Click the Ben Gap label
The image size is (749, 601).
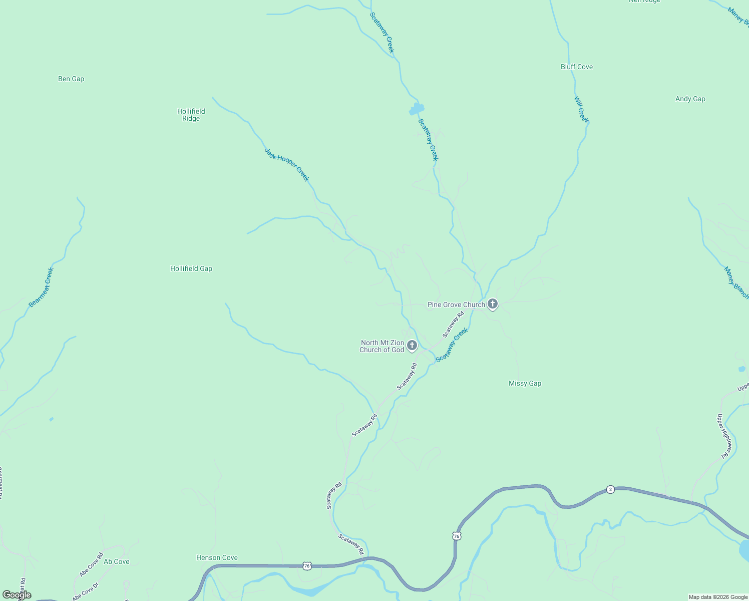pos(71,79)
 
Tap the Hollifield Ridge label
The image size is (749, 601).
pos(191,115)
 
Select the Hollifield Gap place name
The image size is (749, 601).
pos(191,268)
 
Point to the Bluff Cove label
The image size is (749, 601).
pos(576,67)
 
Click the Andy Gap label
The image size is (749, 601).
pos(690,99)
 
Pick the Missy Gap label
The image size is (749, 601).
pos(525,383)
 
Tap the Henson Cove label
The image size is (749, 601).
pos(217,557)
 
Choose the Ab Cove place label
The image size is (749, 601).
pos(116,561)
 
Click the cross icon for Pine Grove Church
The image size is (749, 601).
pos(493,304)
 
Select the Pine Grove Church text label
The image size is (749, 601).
pos(456,305)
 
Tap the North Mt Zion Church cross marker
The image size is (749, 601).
pos(412,345)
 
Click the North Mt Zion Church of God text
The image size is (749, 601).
pos(382,346)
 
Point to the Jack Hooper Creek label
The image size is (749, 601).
pos(287,165)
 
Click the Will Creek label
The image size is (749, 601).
pos(581,109)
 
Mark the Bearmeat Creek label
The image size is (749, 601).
pos(41,287)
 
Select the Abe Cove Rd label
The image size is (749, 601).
pos(91,564)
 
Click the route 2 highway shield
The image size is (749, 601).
pos(610,489)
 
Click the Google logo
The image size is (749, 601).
pos(17,595)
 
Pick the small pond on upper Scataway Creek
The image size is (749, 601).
pos(417,109)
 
